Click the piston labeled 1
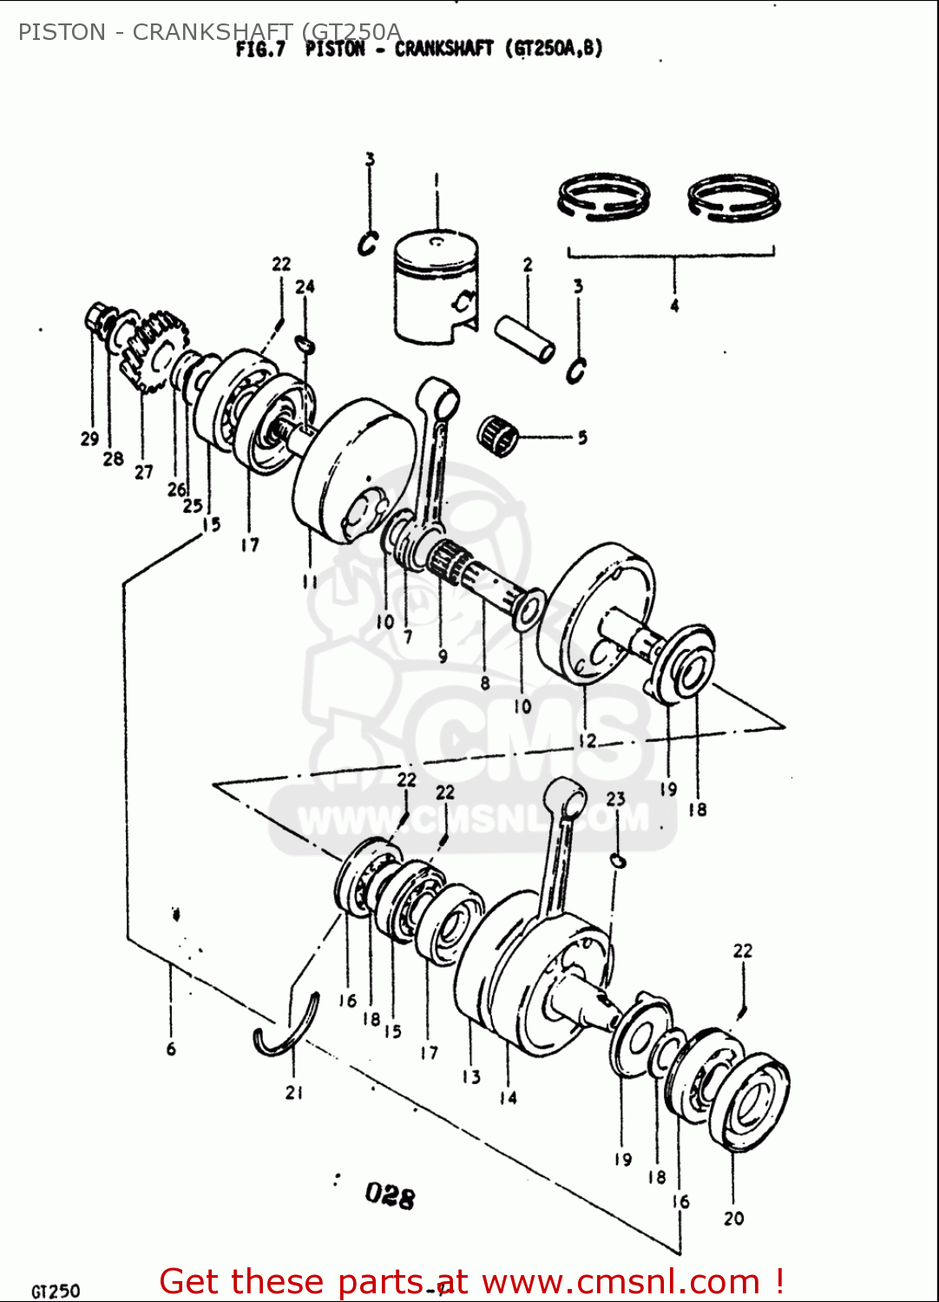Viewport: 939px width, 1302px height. point(436,286)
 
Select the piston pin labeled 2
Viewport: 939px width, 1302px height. point(525,339)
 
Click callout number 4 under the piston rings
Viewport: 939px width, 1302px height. point(674,306)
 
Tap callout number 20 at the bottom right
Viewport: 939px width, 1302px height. point(734,1219)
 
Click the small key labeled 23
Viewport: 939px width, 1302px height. point(617,860)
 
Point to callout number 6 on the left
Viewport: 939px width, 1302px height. point(171,1049)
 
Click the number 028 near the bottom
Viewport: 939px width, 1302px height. point(390,1195)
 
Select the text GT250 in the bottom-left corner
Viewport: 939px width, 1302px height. point(56,1292)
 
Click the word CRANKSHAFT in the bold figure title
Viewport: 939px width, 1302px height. point(443,49)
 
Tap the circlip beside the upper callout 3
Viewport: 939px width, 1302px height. point(368,244)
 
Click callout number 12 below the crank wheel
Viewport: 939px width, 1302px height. point(588,740)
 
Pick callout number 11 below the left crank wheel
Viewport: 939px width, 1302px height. point(310,582)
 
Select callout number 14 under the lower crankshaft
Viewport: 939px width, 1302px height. point(508,1098)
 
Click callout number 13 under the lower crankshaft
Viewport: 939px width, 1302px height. point(471,1077)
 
